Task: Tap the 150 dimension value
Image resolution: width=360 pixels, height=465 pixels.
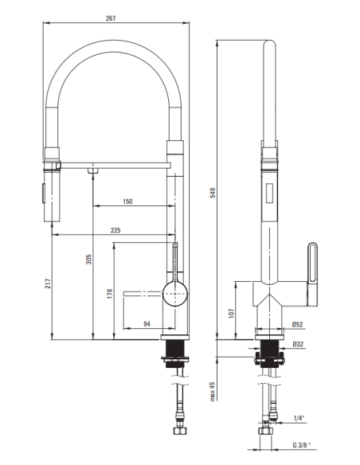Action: click(x=127, y=202)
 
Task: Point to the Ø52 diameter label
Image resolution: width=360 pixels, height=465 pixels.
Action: click(x=297, y=325)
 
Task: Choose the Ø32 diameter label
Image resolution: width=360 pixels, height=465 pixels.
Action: click(x=297, y=344)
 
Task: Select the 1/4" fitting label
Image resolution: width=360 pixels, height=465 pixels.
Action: click(x=299, y=418)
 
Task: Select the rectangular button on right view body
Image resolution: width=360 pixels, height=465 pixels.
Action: click(x=271, y=191)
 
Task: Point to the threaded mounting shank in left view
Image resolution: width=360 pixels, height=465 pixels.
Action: click(x=174, y=349)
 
